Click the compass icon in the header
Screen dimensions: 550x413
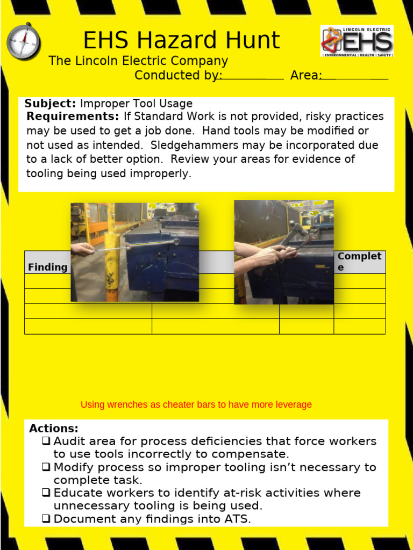pos(24,41)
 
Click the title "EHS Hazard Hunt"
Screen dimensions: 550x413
pos(181,41)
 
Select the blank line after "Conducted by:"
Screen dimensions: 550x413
pos(250,78)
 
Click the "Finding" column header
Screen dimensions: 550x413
pos(48,267)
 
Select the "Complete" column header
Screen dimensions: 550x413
pos(359,262)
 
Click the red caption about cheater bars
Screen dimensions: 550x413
pos(196,404)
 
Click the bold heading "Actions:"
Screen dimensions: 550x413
pos(54,429)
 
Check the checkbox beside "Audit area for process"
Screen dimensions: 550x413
pos(46,442)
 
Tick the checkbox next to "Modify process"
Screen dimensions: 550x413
pos(46,467)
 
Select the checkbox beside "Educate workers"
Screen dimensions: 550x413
pos(46,493)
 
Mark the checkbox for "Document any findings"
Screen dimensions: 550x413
pos(46,519)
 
